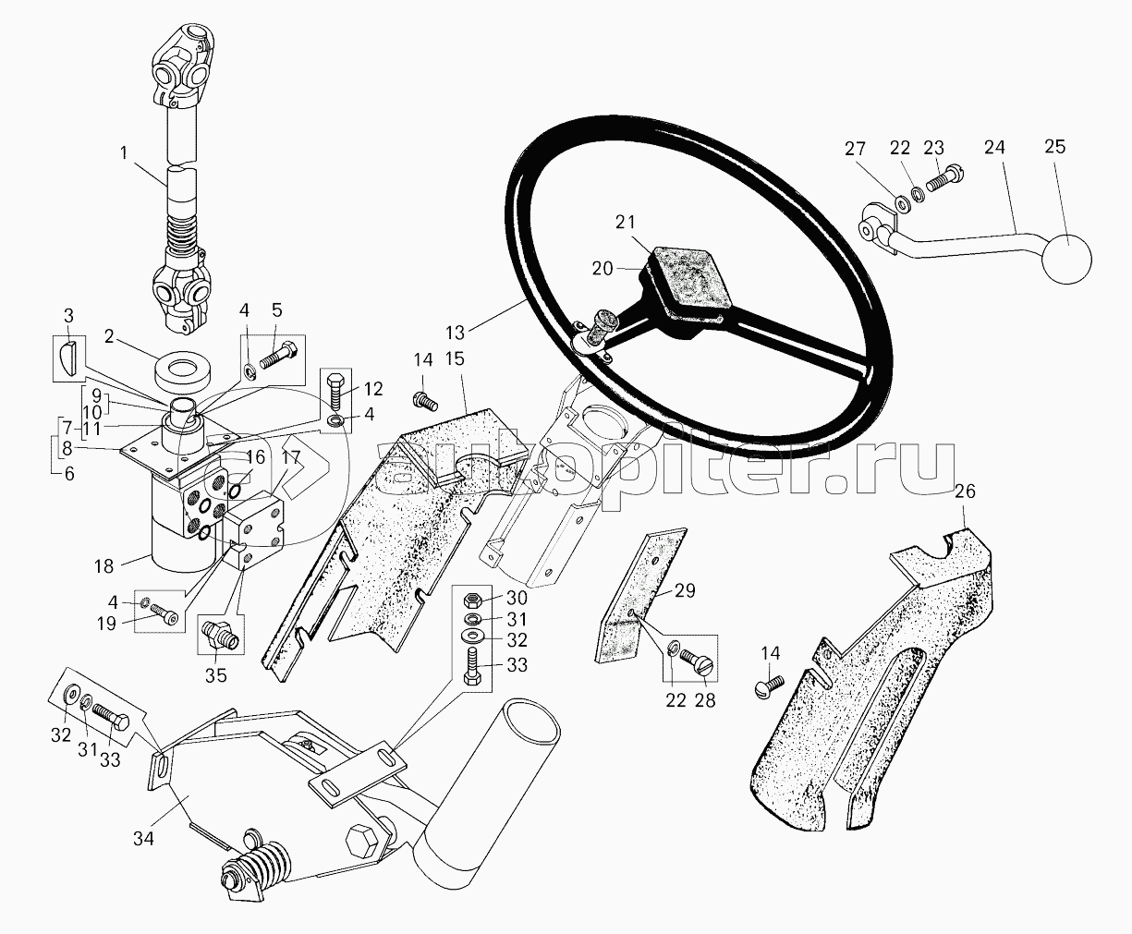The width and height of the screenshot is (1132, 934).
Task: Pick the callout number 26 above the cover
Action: tap(964, 491)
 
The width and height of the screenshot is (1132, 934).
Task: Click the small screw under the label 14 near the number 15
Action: tap(425, 399)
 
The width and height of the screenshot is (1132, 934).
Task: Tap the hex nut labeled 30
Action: tap(471, 600)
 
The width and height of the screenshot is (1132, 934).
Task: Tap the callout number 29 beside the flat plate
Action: tap(686, 589)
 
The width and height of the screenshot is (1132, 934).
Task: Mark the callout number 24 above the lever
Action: tap(995, 147)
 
